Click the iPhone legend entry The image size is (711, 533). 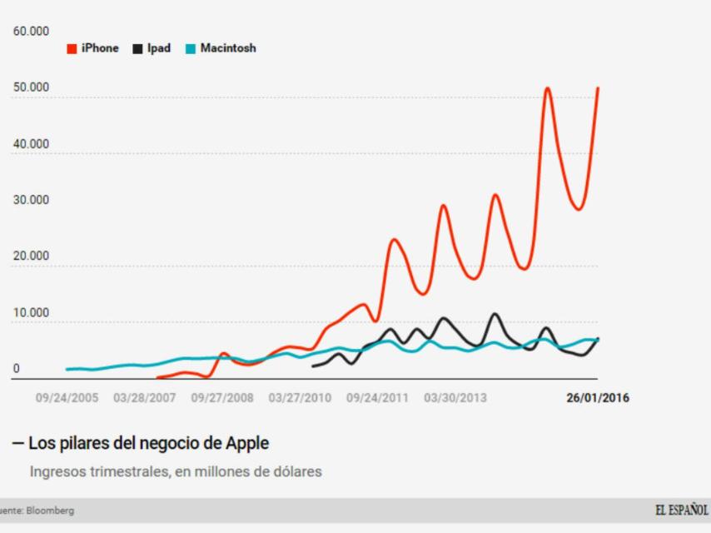(93, 48)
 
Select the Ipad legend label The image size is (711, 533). (152, 48)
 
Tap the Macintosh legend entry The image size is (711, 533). (221, 48)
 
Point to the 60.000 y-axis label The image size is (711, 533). (31, 32)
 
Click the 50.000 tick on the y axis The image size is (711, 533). (31, 87)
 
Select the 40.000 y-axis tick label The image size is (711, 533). (31, 144)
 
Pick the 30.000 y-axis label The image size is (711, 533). (31, 201)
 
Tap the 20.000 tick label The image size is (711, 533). (31, 257)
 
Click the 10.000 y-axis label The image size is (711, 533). (31, 313)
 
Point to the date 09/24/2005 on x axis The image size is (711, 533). (67, 398)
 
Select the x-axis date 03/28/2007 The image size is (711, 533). (144, 398)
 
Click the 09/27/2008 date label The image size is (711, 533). (222, 398)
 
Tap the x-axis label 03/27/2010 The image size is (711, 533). (300, 398)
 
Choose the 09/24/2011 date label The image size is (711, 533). (377, 398)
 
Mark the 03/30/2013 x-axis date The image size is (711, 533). (455, 398)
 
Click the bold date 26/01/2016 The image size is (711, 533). (598, 398)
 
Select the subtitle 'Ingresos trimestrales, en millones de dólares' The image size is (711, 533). (176, 471)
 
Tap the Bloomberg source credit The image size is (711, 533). (49, 511)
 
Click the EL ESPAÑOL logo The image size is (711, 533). (681, 510)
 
